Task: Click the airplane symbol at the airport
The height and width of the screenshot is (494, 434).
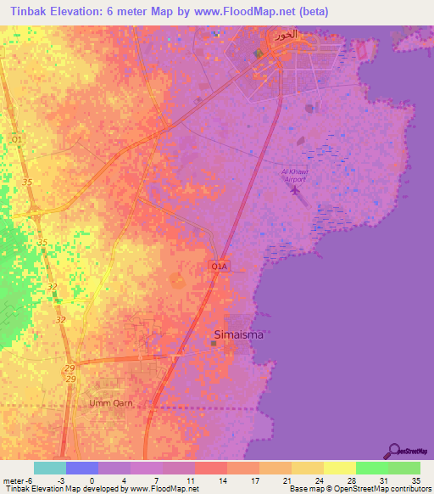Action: (295, 189)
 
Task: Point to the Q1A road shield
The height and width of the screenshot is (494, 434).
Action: (219, 267)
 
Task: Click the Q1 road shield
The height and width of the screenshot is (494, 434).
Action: (17, 138)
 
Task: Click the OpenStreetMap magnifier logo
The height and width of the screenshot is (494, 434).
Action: (392, 450)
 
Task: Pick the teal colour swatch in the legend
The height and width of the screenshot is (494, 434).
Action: (49, 468)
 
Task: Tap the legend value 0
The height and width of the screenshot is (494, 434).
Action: (91, 480)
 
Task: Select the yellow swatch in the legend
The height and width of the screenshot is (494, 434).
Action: (340, 468)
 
